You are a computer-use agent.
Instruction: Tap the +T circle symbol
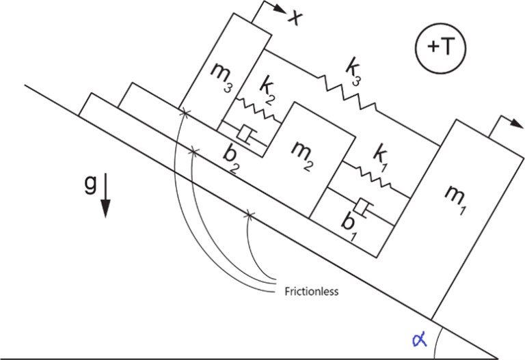click(437, 48)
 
